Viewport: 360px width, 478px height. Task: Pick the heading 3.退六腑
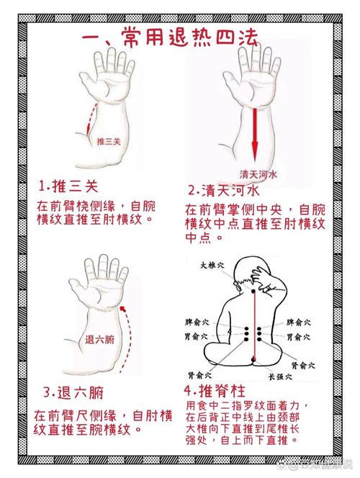pyautogui.click(x=73, y=392)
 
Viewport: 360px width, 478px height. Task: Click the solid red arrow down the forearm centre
pyautogui.click(x=254, y=132)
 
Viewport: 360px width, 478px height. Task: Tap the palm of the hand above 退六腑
pyautogui.click(x=104, y=292)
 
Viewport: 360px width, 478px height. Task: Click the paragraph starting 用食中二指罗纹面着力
pyautogui.click(x=248, y=423)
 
